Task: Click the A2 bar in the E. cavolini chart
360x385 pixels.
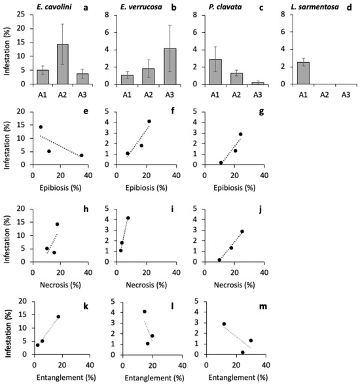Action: [x=62, y=64]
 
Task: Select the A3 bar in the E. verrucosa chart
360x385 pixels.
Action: [x=170, y=66]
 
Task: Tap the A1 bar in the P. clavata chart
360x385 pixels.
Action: [x=215, y=72]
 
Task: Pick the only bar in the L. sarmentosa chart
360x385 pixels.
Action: [x=303, y=73]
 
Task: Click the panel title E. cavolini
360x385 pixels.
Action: [x=54, y=7]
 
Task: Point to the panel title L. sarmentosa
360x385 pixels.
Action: [x=315, y=7]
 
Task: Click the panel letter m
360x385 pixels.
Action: [x=263, y=306]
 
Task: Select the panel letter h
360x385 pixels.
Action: [x=86, y=209]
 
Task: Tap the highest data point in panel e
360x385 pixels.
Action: [x=41, y=127]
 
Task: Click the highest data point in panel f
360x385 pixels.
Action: [x=149, y=121]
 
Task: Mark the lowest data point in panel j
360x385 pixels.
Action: [x=219, y=260]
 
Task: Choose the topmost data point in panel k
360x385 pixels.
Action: [x=58, y=317]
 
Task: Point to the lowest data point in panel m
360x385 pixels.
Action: [x=243, y=352]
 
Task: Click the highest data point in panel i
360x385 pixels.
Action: [x=128, y=218]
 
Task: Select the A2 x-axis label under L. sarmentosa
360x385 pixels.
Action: [x=325, y=94]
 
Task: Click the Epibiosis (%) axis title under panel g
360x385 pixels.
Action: [x=234, y=188]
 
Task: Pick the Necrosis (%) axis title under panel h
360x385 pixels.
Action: [x=60, y=285]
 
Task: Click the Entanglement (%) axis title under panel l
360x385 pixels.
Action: [x=154, y=378]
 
